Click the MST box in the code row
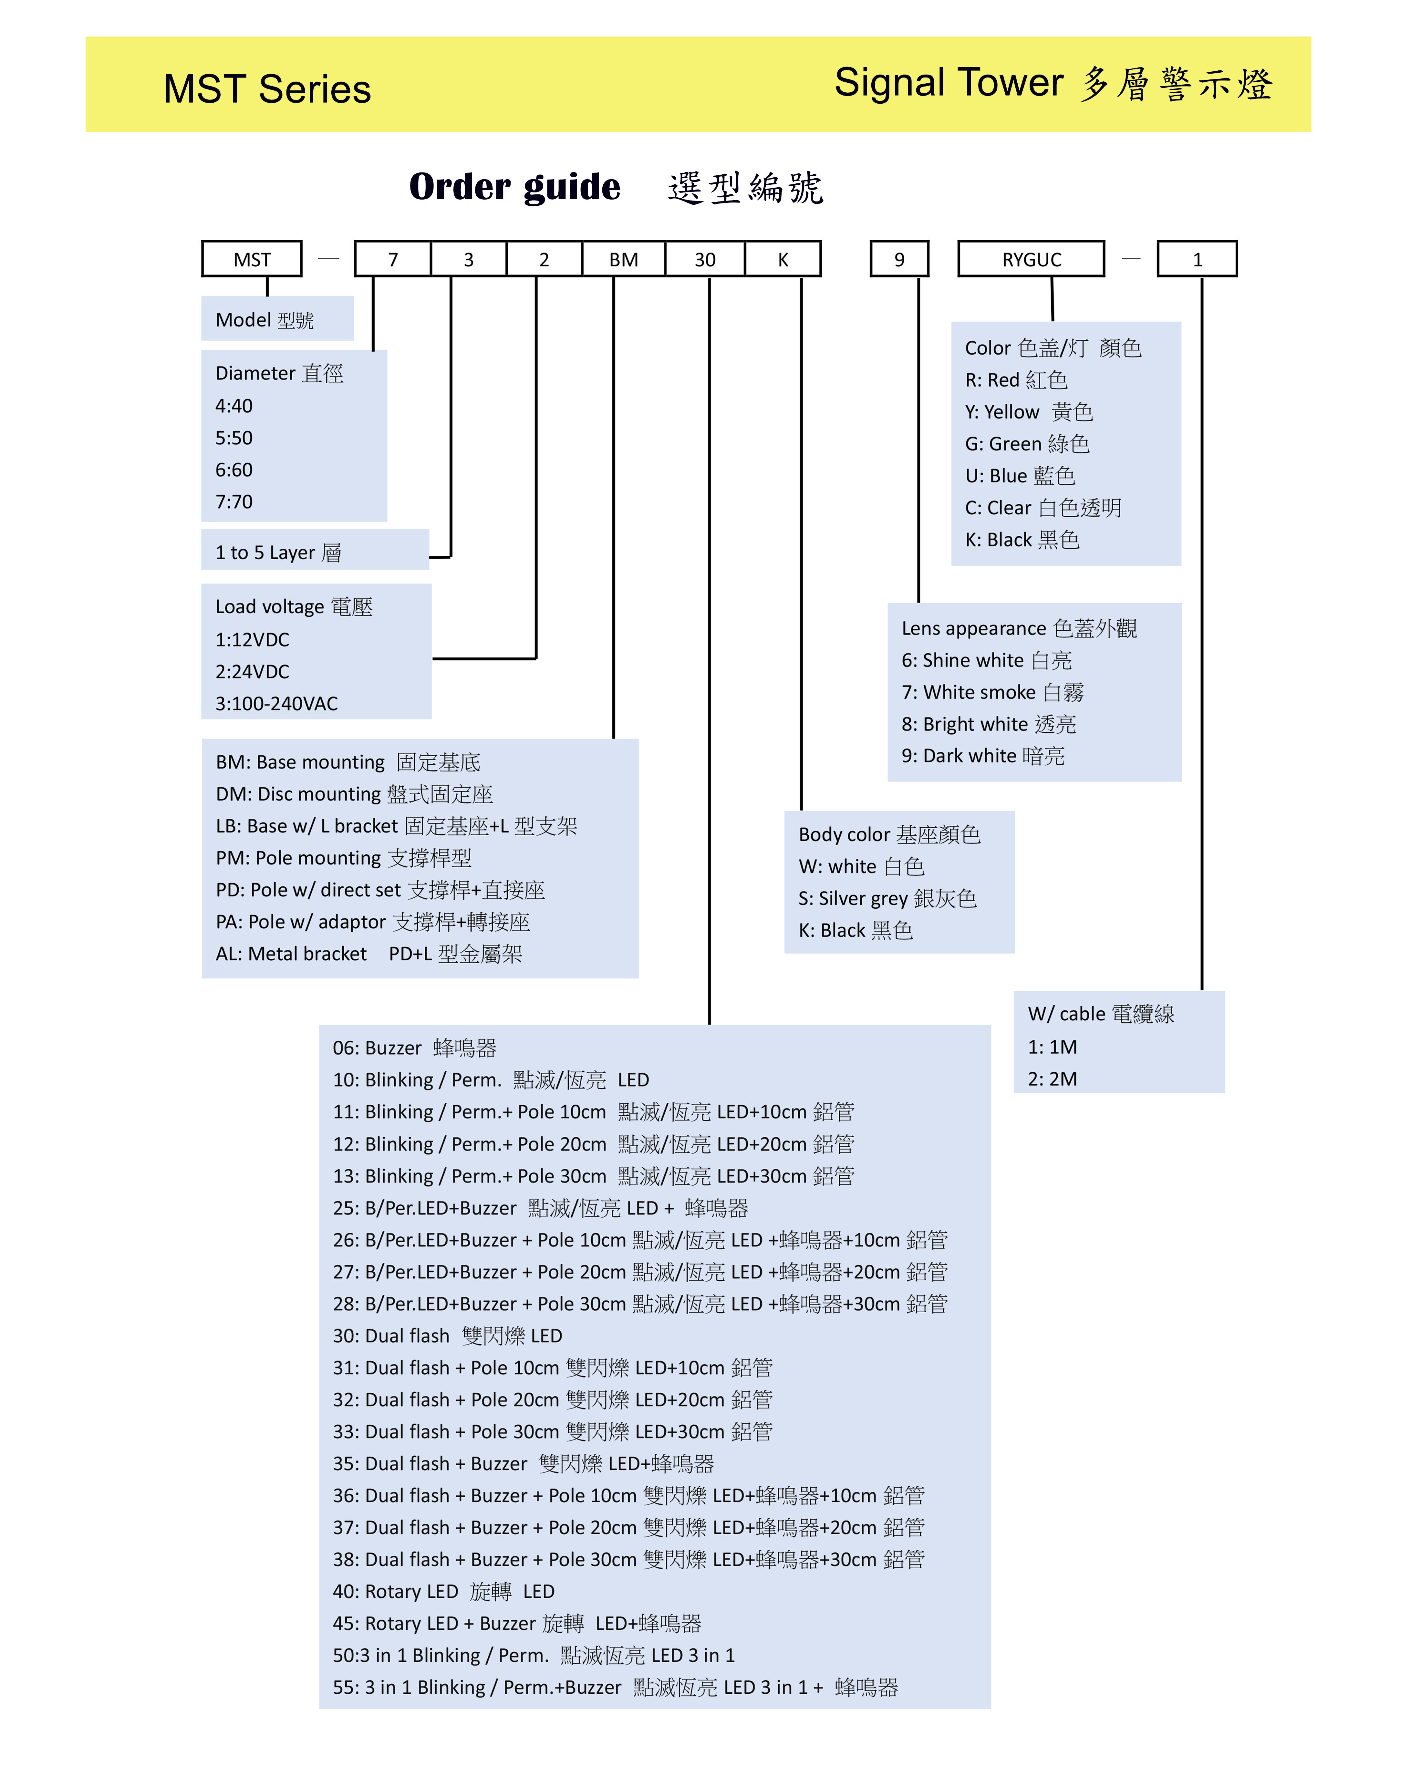pos(252,259)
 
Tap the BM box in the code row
pos(624,259)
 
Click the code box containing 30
pos(705,259)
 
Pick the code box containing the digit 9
pos(899,259)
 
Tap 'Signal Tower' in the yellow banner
pos(949,83)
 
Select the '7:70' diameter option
pos(234,502)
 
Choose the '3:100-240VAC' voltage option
pos(277,704)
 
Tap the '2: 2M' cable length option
pos(1052,1078)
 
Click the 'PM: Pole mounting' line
pos(344,858)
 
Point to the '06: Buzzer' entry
pos(414,1048)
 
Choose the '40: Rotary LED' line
pos(443,1591)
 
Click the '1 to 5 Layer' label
pos(278,552)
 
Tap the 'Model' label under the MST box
pos(264,320)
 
